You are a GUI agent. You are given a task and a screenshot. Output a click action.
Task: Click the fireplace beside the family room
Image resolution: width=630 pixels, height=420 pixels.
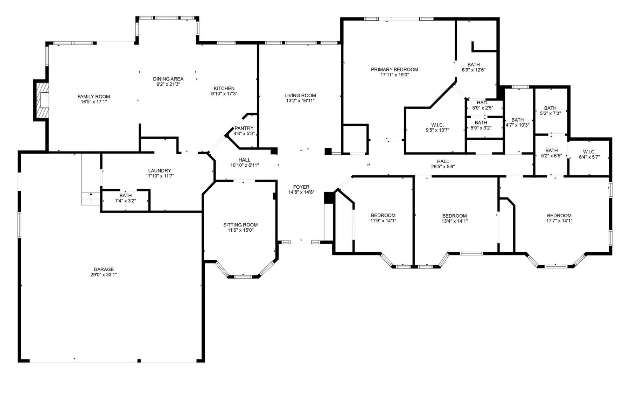[41, 100]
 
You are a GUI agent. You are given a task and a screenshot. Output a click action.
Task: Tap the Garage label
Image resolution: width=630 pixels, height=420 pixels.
[103, 269]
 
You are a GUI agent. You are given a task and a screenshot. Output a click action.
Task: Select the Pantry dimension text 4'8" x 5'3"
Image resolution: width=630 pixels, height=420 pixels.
[244, 134]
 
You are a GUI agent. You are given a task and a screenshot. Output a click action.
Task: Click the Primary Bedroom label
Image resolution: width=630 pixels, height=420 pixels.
[394, 70]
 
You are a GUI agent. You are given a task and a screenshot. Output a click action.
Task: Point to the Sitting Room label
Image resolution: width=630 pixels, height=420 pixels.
[240, 225]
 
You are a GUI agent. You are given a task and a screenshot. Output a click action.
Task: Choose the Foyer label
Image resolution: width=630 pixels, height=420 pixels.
[301, 187]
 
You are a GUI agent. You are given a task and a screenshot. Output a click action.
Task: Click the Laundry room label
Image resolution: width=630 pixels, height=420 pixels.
[159, 171]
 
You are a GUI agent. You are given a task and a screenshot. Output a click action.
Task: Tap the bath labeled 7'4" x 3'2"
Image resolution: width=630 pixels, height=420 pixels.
[125, 198]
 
